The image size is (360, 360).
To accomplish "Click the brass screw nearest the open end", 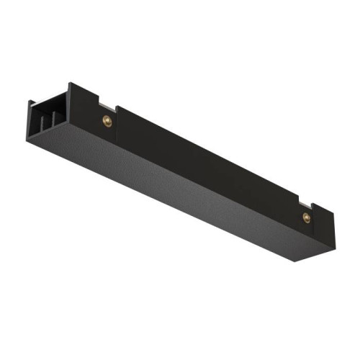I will click(x=107, y=120).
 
